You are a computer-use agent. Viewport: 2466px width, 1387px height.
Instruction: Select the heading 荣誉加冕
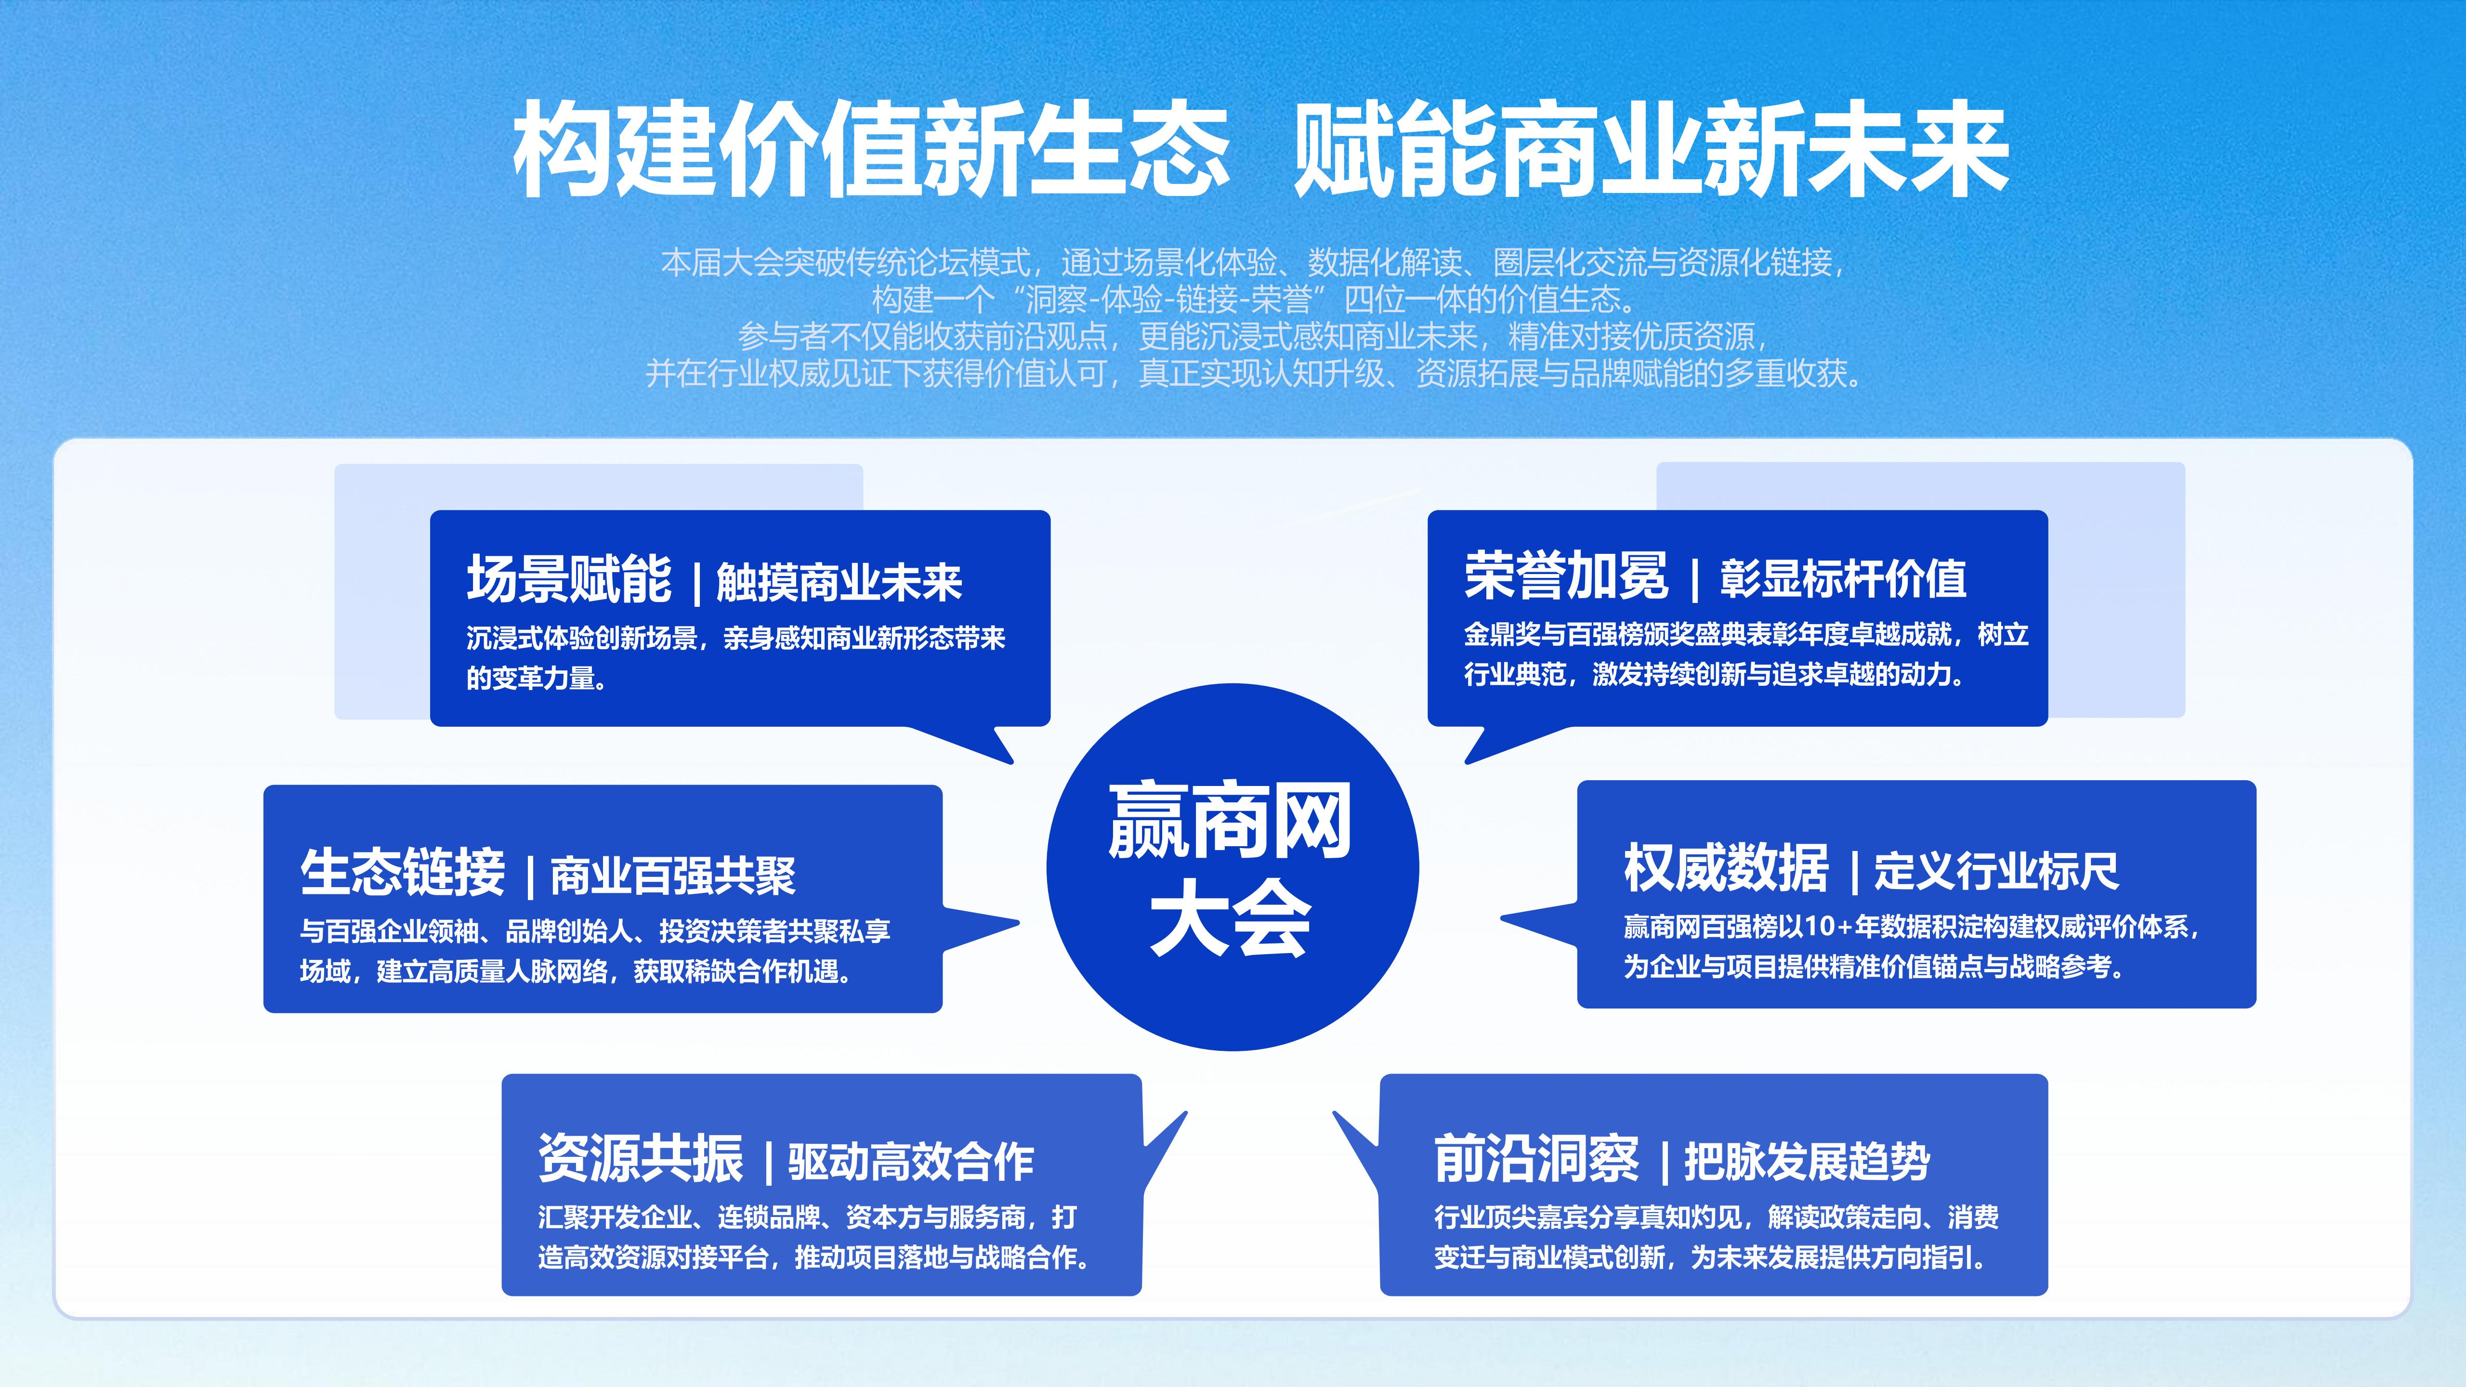[x=1566, y=576]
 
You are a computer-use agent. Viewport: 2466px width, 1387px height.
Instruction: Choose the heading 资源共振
[x=641, y=1158]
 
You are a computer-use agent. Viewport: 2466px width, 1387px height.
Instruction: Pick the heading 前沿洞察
[x=1536, y=1158]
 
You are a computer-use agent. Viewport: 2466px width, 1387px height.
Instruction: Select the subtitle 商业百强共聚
[x=673, y=875]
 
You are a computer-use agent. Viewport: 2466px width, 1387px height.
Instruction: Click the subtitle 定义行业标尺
[x=1996, y=871]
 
